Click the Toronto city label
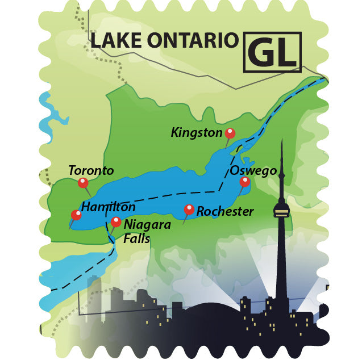point(91,170)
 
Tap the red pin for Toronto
point(83,182)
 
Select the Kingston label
point(196,133)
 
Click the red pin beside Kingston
point(230,133)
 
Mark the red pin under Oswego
point(244,182)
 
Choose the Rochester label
point(225,211)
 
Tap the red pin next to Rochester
point(189,210)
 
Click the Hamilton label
point(108,207)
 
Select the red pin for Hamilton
point(76,215)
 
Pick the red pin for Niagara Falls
point(116,221)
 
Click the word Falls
point(136,238)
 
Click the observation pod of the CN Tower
point(281,211)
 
